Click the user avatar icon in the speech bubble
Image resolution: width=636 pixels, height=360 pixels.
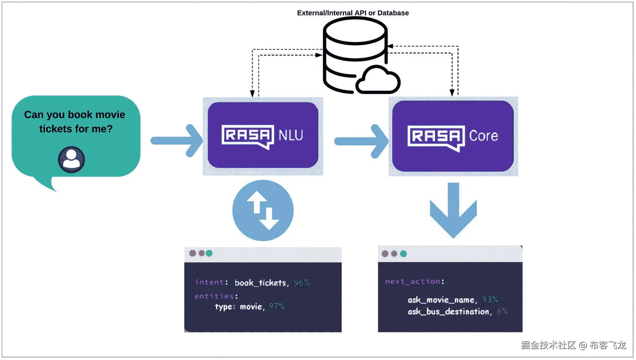pos(72,160)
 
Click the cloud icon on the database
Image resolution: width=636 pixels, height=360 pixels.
pos(378,80)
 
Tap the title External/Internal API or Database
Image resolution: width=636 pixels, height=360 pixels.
pos(353,13)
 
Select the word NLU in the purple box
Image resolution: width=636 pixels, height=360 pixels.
pos(291,135)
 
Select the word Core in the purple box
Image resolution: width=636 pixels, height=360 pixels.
pos(483,136)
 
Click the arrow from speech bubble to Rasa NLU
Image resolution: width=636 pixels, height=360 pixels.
pos(177,141)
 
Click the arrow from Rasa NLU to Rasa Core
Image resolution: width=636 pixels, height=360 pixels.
pos(361,141)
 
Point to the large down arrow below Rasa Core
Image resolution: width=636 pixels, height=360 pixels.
pos(453,210)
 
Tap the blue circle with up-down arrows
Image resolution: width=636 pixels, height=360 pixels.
pos(263,211)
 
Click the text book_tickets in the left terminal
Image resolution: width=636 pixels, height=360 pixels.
pos(260,283)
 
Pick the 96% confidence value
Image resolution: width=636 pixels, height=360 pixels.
pos(302,283)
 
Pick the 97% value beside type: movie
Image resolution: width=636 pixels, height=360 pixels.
pos(277,307)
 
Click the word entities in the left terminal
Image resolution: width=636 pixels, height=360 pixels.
pos(214,296)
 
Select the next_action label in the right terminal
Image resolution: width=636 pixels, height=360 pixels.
pos(413,281)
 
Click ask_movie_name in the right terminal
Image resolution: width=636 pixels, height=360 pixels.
pos(441,300)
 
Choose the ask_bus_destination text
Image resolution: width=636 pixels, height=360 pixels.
pos(448,312)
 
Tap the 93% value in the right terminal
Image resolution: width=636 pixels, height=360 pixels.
pos(490,300)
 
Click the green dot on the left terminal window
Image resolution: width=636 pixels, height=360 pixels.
pos(209,253)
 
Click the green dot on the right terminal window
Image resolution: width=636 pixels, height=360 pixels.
pos(403,254)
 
